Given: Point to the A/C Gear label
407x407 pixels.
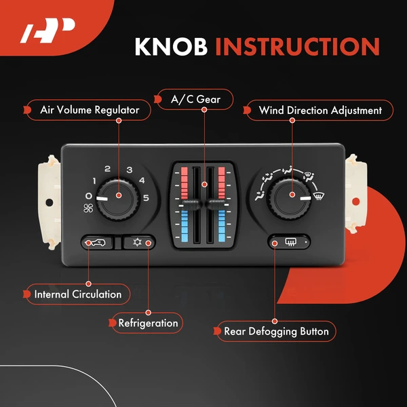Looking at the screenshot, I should [x=194, y=100].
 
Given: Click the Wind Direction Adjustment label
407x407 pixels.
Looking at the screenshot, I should [x=319, y=109].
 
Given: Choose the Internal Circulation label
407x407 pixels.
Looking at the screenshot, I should [x=78, y=294].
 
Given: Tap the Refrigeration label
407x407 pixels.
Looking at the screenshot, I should [x=147, y=323].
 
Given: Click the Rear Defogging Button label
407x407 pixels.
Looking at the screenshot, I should [x=276, y=332].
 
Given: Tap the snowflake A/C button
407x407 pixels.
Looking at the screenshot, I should [x=139, y=241].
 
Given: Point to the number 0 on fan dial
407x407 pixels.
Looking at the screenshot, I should [x=88, y=196].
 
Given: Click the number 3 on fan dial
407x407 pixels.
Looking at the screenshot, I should [x=129, y=169].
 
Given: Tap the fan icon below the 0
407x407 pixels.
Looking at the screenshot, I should [x=88, y=209].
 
